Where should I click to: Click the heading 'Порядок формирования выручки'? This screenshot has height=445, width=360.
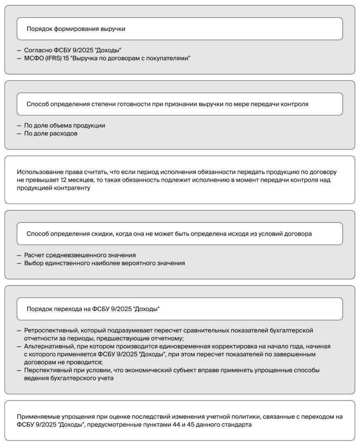coord(76,29)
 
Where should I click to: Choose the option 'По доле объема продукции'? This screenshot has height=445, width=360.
coord(65,126)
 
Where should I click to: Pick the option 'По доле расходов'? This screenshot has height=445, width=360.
coord(51,133)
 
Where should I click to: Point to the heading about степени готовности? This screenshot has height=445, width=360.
coord(167,104)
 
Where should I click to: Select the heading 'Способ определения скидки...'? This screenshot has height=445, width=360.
coord(169,234)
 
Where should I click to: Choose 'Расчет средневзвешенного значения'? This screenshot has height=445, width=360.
coord(80,255)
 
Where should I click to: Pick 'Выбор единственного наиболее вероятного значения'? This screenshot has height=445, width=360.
coord(105,263)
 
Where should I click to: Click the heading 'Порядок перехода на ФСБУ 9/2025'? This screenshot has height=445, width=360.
coord(93,309)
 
